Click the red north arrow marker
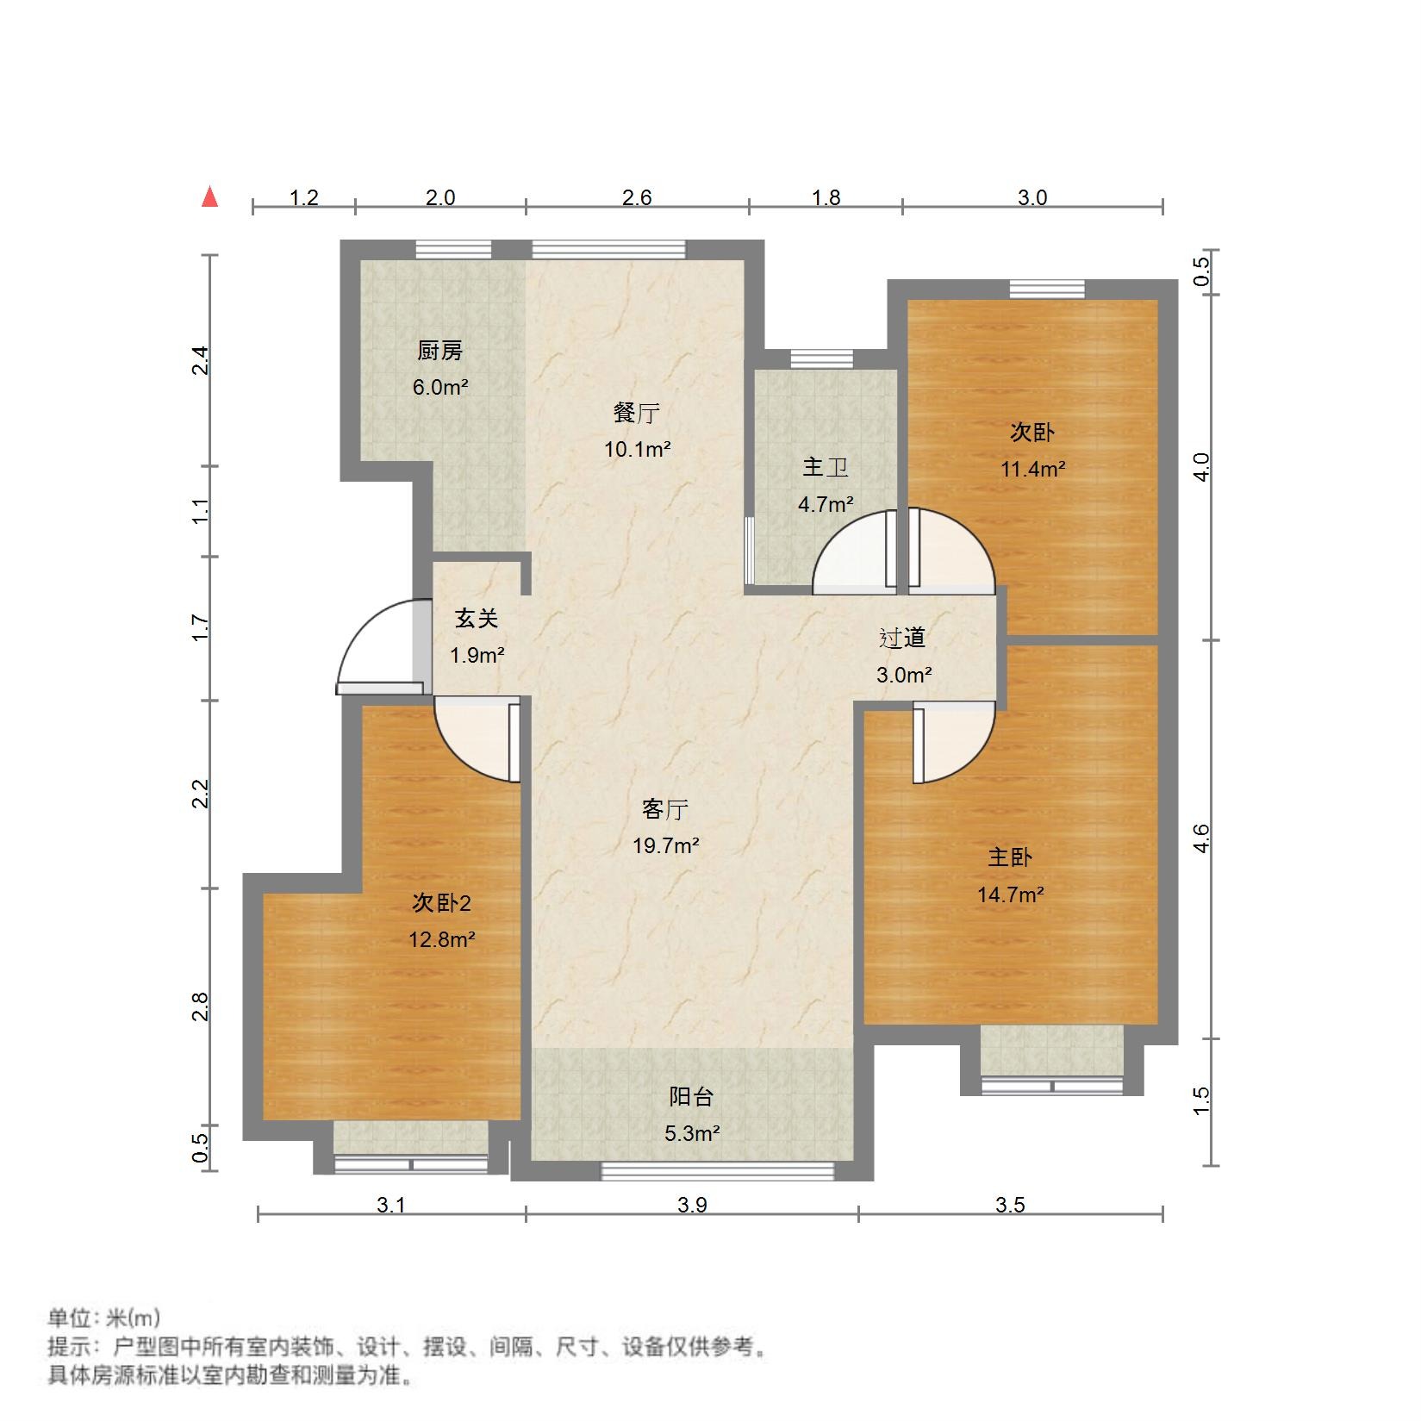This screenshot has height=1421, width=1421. coord(209,197)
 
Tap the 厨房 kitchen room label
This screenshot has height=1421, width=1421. coord(439,351)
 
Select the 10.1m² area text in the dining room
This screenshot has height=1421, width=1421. coord(637,449)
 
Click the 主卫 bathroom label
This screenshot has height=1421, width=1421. coord(826,467)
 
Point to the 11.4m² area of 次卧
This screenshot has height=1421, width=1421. coord(1032,470)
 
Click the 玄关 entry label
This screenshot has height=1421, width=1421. coord(476,618)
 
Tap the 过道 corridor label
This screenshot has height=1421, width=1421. coord(902,638)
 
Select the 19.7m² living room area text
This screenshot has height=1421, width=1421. coord(665,846)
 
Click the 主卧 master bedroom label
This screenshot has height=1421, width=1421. coord(1009,857)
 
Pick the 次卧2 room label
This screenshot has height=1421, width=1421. coord(441,903)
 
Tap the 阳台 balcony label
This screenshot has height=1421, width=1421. coord(691,1097)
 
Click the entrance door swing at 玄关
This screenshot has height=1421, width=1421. coord(375,646)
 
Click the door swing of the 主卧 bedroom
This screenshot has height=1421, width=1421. coord(952,741)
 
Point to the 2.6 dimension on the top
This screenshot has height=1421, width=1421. coord(636,197)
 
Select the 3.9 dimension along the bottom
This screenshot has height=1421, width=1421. coord(691,1205)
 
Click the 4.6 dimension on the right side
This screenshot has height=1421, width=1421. coord(1201,838)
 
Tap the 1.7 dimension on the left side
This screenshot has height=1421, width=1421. coord(200,626)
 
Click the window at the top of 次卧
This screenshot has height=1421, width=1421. coord(1046,290)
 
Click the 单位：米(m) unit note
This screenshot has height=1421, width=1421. coord(103,1318)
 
